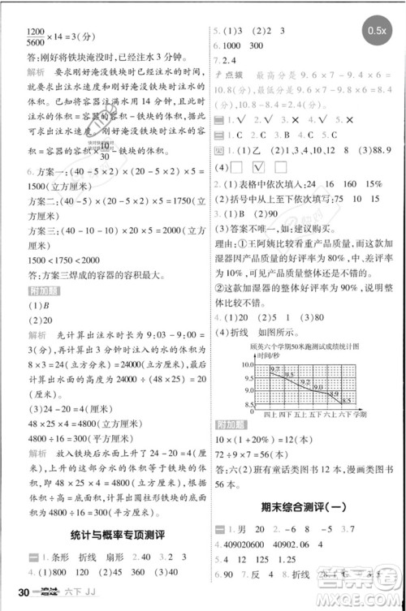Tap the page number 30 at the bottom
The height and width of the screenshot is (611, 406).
pos(15,600)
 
